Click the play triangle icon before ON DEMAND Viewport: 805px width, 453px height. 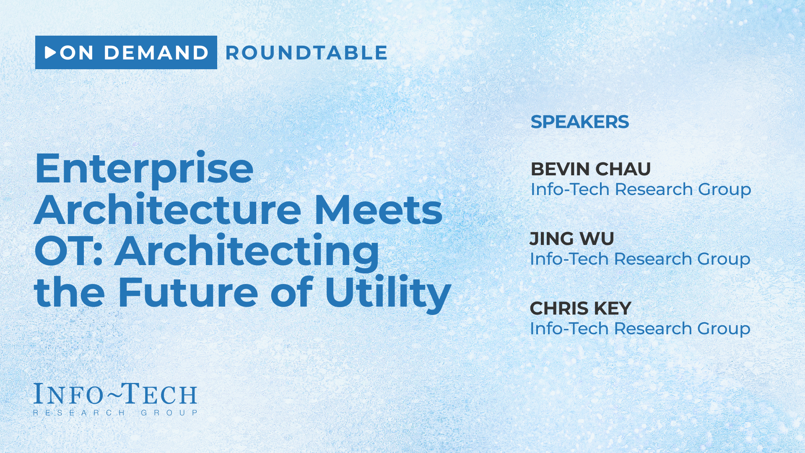click(50, 52)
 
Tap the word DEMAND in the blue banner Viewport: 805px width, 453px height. click(156, 53)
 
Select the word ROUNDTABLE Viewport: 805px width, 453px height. click(306, 53)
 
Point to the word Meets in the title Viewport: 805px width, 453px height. click(379, 210)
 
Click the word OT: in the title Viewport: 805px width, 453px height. click(69, 251)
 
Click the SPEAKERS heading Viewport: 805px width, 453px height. click(580, 122)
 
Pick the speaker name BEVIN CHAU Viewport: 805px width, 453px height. click(591, 169)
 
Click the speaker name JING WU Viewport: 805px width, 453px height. click(572, 239)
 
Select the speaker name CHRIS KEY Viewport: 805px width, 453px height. click(581, 308)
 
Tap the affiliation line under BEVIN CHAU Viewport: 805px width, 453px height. click(641, 190)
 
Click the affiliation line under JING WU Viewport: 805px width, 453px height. click(640, 260)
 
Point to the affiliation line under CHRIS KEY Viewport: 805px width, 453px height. click(640, 329)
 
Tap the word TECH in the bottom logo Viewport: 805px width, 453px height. click(156, 393)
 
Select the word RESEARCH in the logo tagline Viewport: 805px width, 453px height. click(79, 413)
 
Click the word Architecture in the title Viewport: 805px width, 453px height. click(168, 210)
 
